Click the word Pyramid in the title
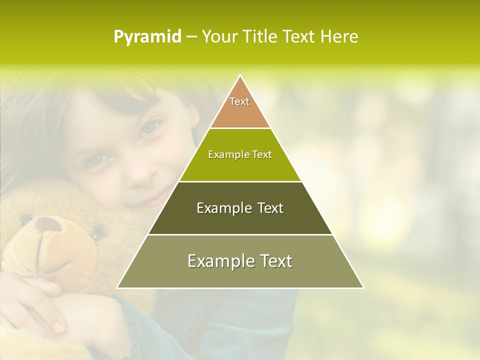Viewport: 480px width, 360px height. tap(147, 37)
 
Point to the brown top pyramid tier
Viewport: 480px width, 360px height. tap(240, 107)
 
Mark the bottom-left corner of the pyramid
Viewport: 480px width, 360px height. tap(117, 288)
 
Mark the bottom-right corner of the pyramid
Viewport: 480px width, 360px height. tap(363, 288)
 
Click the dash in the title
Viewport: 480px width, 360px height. tap(191, 37)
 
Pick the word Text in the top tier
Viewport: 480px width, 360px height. tap(239, 101)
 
